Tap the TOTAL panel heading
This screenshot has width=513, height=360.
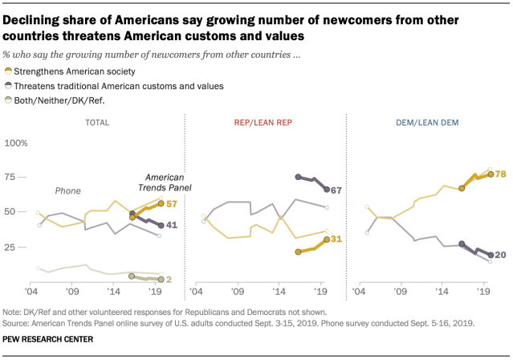100,121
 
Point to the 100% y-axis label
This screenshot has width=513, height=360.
18,143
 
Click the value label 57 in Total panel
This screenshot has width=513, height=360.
171,204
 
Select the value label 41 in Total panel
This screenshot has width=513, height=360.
171,226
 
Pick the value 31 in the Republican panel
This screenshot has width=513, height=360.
336,239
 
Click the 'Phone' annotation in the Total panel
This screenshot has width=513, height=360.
67,190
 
